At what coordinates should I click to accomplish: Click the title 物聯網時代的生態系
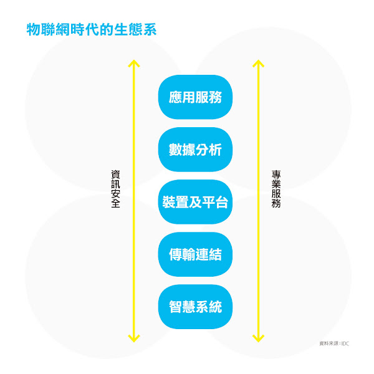90,29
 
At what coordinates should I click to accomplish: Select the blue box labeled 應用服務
195,97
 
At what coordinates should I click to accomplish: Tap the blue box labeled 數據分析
195,150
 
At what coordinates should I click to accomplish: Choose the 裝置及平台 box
195,203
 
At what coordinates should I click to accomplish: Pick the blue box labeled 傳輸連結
195,254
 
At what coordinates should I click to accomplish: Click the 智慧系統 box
195,307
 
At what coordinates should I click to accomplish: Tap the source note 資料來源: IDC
333,343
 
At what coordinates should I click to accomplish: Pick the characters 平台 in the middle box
216,203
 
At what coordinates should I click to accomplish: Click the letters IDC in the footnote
345,343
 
